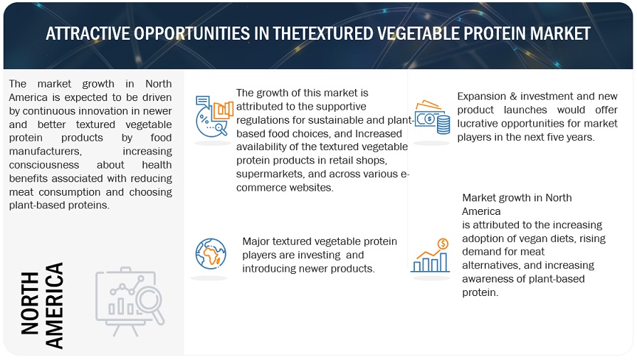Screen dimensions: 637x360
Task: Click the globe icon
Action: pos(211,254)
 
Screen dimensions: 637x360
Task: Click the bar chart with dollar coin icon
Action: pos(430,255)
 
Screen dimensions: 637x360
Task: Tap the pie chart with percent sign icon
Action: pos(214,116)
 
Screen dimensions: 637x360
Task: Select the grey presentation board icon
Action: pos(130,302)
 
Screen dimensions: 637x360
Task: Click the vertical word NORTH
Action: pos(30,303)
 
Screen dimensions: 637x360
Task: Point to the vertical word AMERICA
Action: pos(54,305)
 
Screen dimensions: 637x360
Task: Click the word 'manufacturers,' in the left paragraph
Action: pos(46,151)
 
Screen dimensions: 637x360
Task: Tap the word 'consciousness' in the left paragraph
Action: pos(44,165)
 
